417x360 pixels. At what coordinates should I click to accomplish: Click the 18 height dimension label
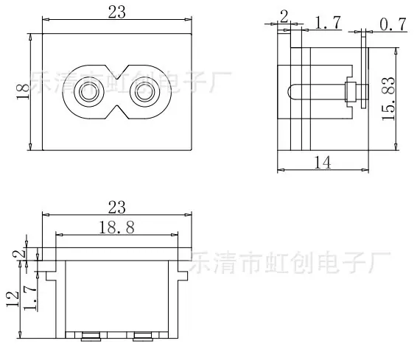[x=23, y=92]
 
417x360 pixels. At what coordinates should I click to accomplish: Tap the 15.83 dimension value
[x=388, y=99]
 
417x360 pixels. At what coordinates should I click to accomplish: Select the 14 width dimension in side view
[x=323, y=163]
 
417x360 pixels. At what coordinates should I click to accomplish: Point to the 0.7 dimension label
[x=393, y=24]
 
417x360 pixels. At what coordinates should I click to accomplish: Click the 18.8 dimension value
[x=116, y=227]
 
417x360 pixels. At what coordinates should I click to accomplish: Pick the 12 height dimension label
[x=13, y=299]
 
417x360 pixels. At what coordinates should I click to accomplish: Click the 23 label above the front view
[x=116, y=12]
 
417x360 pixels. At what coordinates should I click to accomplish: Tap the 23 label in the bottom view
[x=116, y=207]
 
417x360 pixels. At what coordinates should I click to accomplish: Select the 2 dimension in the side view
[x=284, y=17]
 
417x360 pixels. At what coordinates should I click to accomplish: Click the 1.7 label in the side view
[x=328, y=22]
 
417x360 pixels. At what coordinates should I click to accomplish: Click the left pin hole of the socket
[x=89, y=92]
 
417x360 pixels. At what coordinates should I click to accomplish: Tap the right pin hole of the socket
[x=145, y=92]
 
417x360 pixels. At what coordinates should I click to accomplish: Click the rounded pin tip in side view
[x=290, y=92]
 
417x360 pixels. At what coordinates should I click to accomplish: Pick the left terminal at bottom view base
[x=91, y=336]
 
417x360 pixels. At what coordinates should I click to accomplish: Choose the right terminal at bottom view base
[x=142, y=336]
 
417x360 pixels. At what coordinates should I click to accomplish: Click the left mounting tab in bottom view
[x=51, y=276]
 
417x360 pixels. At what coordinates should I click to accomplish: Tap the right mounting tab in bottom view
[x=183, y=276]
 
